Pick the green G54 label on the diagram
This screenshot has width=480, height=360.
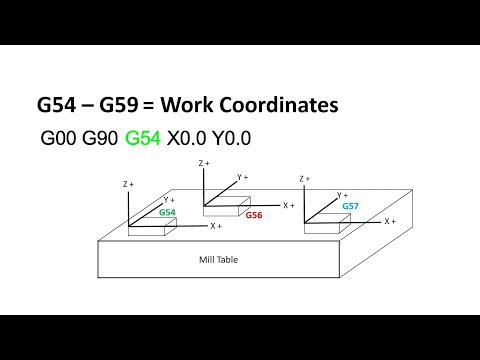(169, 213)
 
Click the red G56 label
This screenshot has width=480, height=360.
(255, 214)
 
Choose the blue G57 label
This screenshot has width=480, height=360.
(350, 205)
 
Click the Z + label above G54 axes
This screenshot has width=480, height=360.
(127, 185)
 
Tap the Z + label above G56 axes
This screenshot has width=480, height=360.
(203, 162)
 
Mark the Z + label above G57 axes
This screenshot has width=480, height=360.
(305, 179)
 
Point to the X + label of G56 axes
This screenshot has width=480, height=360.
(288, 205)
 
